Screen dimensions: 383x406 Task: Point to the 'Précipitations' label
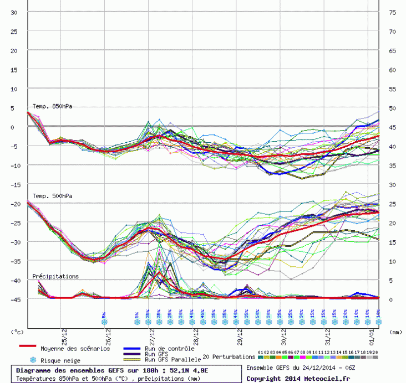coord(55,276)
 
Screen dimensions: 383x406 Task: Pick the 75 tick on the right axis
coord(392,13)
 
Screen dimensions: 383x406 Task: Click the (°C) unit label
coord(18,333)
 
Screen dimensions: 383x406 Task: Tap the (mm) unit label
coord(395,333)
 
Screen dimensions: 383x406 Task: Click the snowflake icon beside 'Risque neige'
coord(33,360)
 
